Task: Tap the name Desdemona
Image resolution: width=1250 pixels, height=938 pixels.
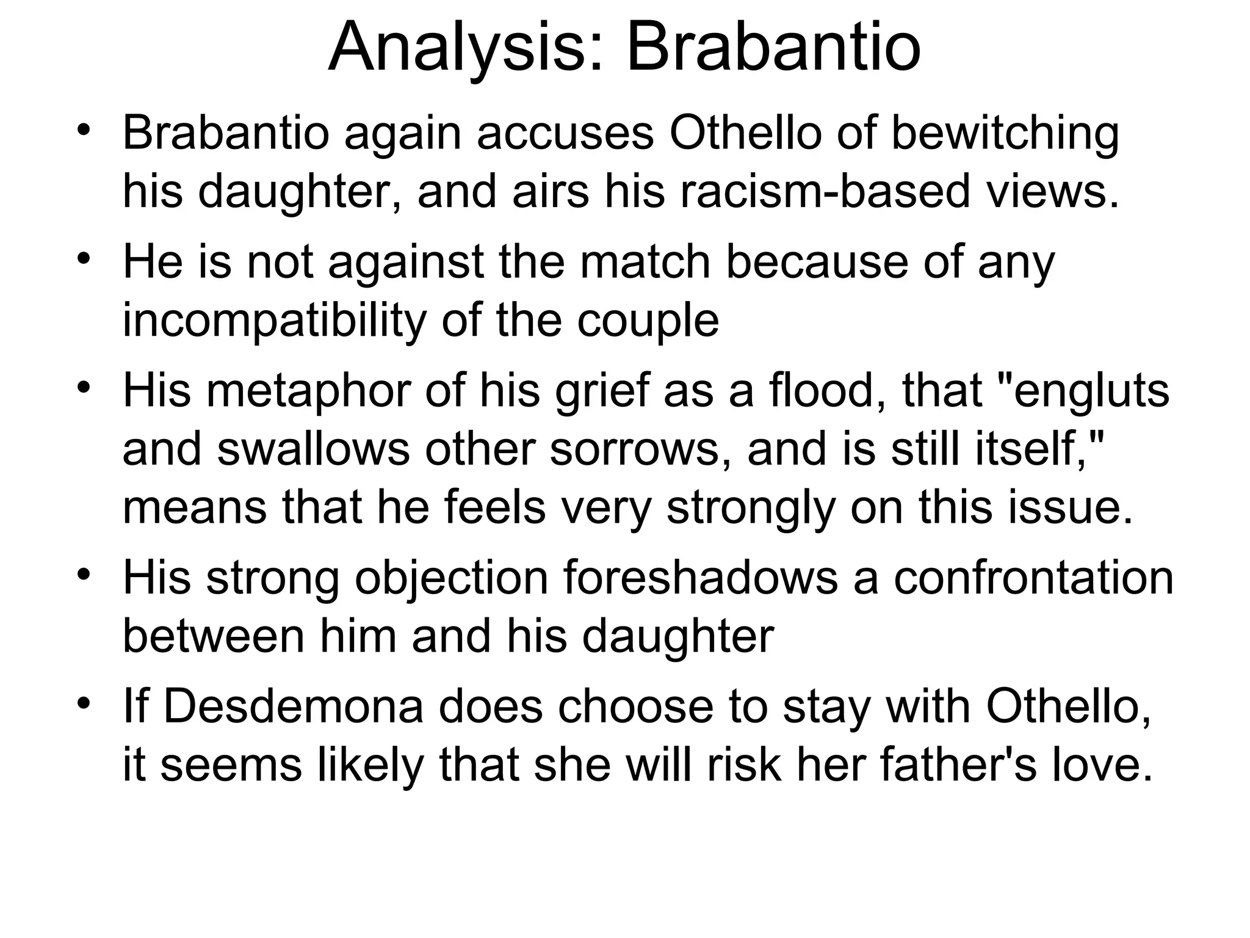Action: click(293, 707)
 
